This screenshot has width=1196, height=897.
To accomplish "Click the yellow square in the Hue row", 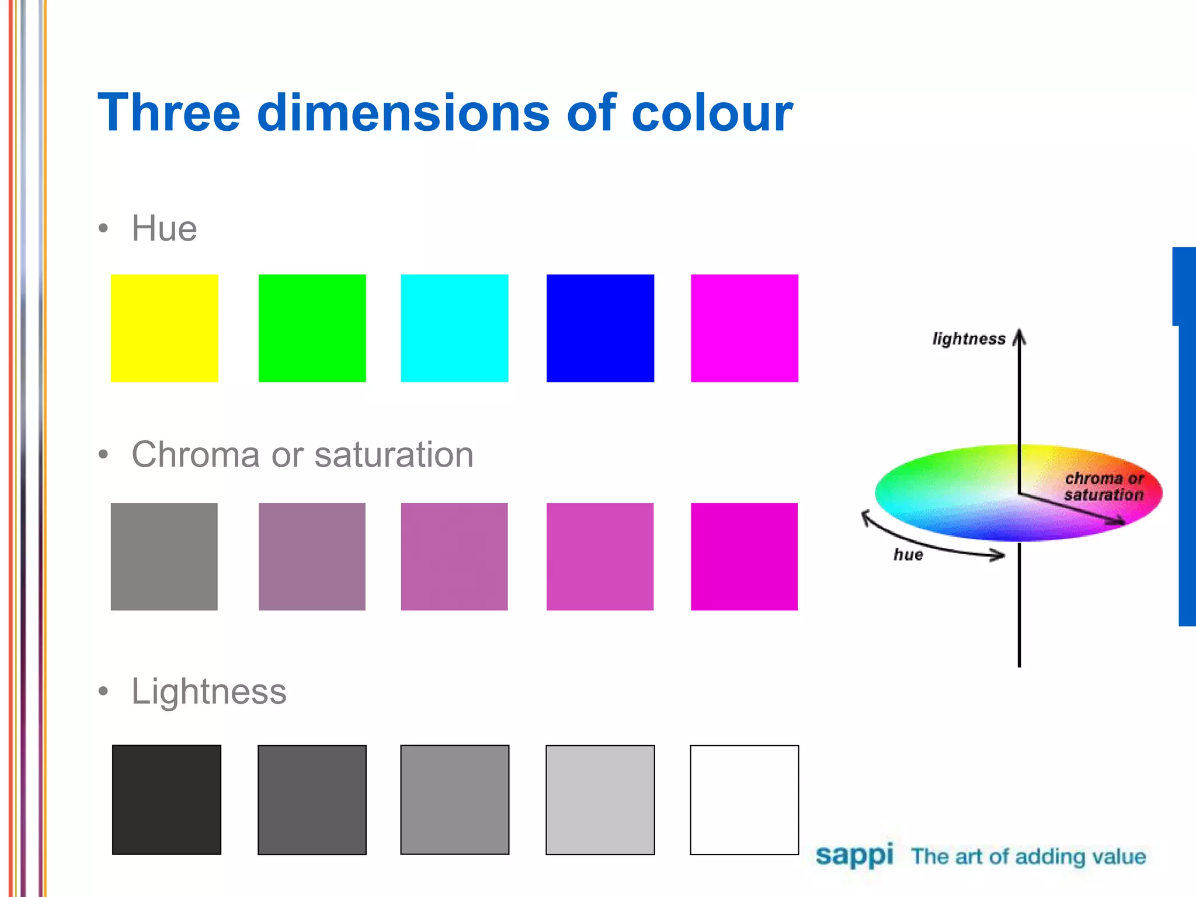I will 164,328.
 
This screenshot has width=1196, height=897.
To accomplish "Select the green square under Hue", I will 312,328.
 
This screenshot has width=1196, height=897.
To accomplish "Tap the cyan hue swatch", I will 454,328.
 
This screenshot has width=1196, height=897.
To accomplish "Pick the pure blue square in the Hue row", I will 600,328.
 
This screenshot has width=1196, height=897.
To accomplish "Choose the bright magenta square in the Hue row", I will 744,328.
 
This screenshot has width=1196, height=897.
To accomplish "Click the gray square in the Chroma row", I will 164,557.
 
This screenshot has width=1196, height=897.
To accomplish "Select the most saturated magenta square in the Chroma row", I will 744,557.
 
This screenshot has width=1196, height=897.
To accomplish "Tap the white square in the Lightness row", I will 744,799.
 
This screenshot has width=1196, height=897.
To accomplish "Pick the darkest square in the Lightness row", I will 166,799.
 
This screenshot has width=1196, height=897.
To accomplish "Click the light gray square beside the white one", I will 600,799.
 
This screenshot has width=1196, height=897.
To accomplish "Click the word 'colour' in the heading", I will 711,113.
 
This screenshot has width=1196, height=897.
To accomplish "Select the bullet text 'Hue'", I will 164,228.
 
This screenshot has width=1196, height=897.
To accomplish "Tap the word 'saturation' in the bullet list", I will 394,455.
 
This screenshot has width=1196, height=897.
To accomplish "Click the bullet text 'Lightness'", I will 209,691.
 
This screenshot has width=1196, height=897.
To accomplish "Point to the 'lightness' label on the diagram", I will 968,339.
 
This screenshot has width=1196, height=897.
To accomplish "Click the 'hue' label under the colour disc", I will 908,555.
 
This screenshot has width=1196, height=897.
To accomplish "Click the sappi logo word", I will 854,856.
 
